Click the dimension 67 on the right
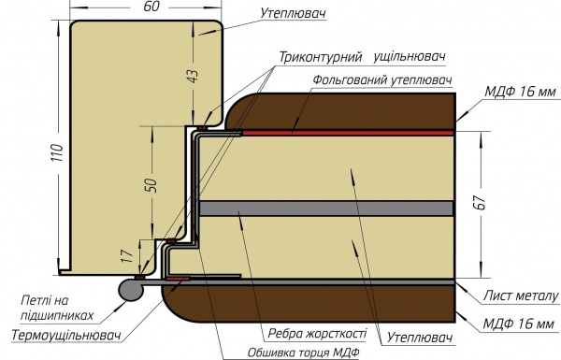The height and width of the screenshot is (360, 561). point(480,206)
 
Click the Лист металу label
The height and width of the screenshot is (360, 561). point(520,295)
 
